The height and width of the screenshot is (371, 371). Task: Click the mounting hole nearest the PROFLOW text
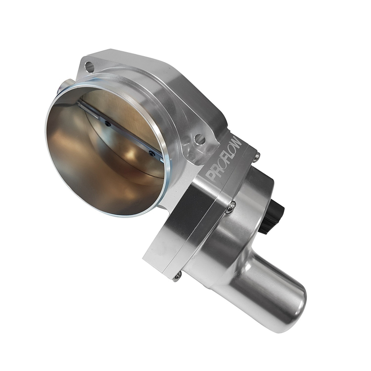[x=200, y=139]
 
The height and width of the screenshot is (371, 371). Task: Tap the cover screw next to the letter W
[x=256, y=157]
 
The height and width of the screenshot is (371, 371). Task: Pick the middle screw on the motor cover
[x=230, y=207]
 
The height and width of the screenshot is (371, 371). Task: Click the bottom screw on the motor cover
[x=177, y=277]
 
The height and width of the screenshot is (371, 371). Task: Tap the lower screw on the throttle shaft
[x=151, y=153]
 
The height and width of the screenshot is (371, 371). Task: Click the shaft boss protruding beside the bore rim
[x=65, y=86]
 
